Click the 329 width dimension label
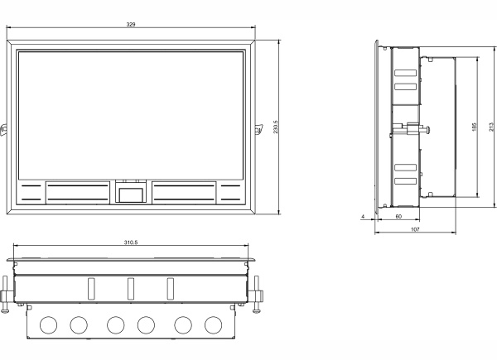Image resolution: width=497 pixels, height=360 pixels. pyautogui.click(x=131, y=24)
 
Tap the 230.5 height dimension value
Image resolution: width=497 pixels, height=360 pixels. pyautogui.click(x=276, y=127)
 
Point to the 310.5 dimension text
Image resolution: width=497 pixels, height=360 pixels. pyautogui.click(x=131, y=242)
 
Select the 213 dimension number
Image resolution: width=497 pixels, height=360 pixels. pyautogui.click(x=491, y=127)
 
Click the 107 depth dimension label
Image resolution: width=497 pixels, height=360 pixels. pyautogui.click(x=415, y=229)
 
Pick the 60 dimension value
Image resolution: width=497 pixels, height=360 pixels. pyautogui.click(x=398, y=217)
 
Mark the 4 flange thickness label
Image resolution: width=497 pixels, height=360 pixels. pyautogui.click(x=364, y=217)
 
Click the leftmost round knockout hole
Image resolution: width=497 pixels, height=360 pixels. pyautogui.click(x=49, y=325)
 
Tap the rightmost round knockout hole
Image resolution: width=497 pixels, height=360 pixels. pyautogui.click(x=214, y=325)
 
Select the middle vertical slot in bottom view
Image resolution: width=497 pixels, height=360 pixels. pyautogui.click(x=131, y=289)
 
